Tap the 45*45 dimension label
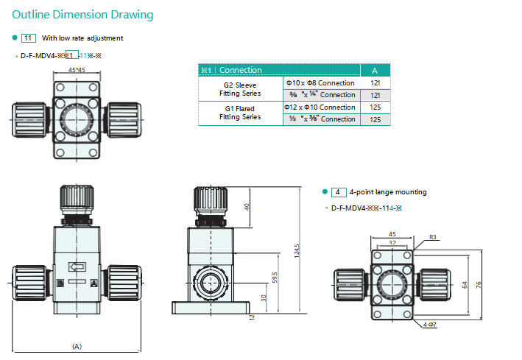pyautogui.click(x=76, y=70)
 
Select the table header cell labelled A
pyautogui.click(x=375, y=70)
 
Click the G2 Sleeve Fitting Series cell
pyautogui.click(x=240, y=89)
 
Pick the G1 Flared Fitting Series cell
pyautogui.click(x=240, y=113)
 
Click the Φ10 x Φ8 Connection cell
pyautogui.click(x=320, y=82)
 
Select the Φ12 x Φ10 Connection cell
pyautogui.click(x=320, y=107)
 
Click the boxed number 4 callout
pyautogui.click(x=339, y=192)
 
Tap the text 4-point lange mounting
pyautogui.click(x=389, y=192)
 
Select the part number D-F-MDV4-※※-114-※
pyautogui.click(x=366, y=208)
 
